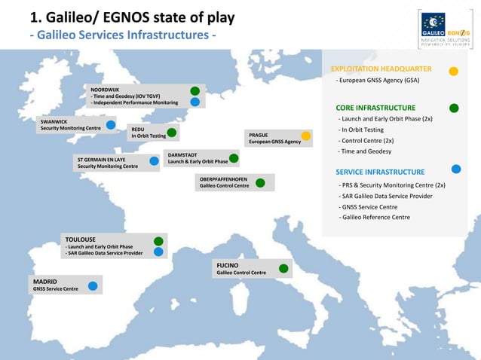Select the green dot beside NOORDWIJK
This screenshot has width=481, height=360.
coord(195,91)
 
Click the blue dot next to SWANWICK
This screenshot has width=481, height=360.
coord(111,125)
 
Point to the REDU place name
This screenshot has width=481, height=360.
coord(138,130)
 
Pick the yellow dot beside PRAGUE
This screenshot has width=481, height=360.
coord(306,136)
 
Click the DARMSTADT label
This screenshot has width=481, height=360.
coord(182,154)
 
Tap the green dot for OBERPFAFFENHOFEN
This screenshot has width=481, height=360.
coord(260,182)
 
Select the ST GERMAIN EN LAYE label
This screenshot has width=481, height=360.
coord(102,160)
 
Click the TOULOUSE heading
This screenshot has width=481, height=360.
coord(81,239)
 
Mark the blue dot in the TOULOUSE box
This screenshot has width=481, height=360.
coord(158,252)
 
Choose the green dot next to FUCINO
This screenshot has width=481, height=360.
coord(283,268)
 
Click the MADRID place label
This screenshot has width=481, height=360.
coord(44,281)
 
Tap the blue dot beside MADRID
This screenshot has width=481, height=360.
coord(93,286)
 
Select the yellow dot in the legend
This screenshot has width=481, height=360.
coord(454,72)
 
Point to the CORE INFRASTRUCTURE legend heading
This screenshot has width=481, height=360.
coord(375,108)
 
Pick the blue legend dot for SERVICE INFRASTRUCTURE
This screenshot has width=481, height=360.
coord(456,169)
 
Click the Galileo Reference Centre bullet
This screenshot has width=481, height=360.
coord(376,218)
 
